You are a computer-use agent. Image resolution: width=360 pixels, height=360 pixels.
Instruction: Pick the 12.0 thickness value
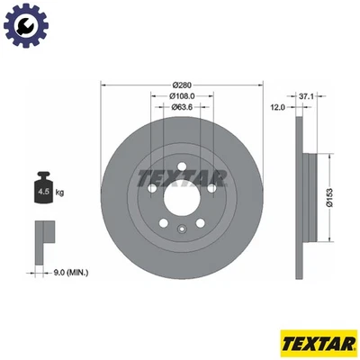click(x=277, y=107)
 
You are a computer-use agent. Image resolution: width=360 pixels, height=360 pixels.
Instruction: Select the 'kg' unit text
click(x=61, y=192)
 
